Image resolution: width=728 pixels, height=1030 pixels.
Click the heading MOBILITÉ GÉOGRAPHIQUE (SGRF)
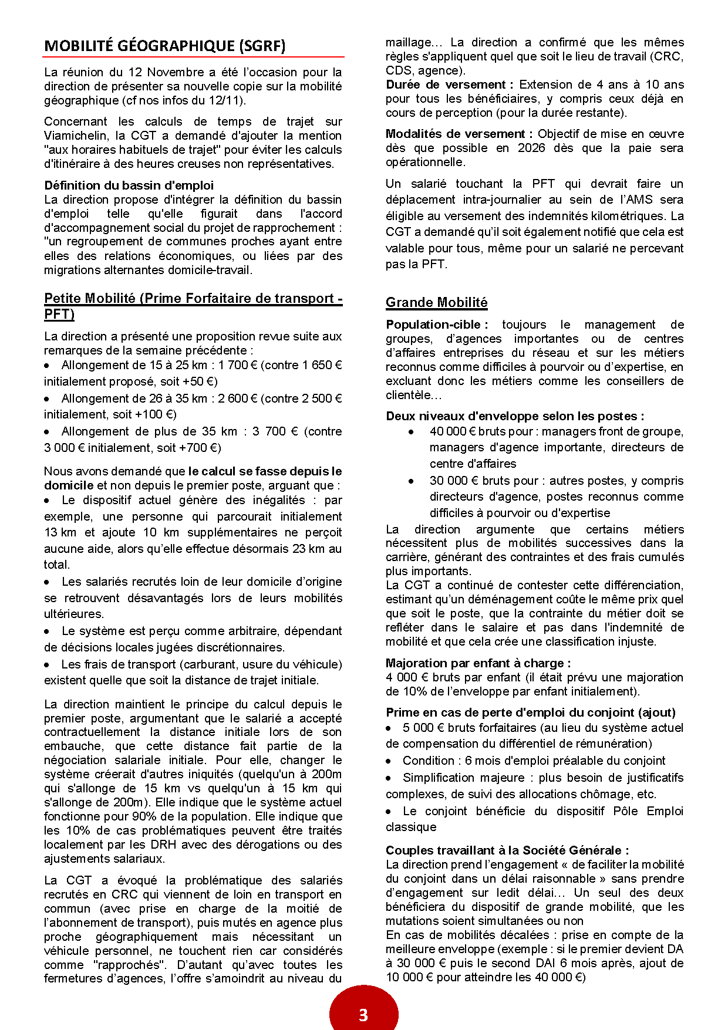(165, 46)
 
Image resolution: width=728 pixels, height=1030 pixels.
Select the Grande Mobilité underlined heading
(436, 302)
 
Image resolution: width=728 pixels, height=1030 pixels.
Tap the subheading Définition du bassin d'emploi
(129, 185)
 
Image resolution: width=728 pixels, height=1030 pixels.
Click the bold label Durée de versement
(449, 85)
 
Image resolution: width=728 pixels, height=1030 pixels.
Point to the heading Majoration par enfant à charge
(478, 663)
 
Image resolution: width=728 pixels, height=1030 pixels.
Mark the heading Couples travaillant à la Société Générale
(507, 850)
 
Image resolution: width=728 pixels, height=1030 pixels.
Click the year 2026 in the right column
(531, 148)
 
